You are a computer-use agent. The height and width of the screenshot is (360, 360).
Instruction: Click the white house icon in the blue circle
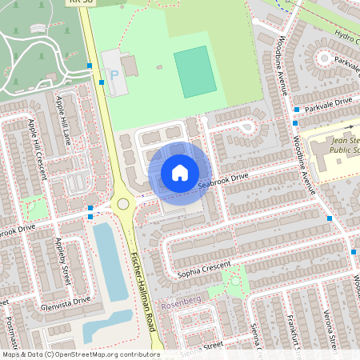pyautogui.click(x=180, y=173)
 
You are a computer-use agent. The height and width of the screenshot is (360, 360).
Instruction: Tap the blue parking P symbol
pyautogui.click(x=113, y=74)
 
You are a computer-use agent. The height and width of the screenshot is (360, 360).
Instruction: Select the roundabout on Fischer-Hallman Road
pyautogui.click(x=123, y=204)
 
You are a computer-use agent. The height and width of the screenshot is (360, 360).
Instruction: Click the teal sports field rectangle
pyautogui.click(x=194, y=72)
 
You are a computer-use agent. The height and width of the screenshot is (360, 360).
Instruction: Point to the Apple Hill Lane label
pyautogui.click(x=63, y=116)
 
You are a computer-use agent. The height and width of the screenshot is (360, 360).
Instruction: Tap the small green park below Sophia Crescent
pyautogui.click(x=233, y=280)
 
